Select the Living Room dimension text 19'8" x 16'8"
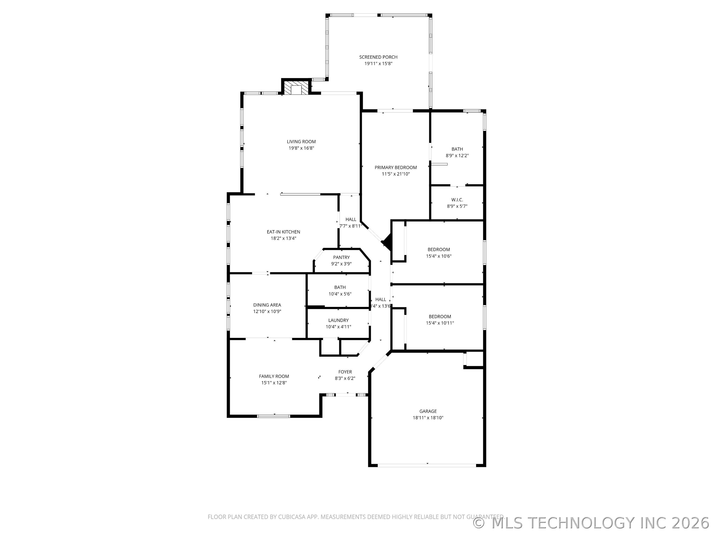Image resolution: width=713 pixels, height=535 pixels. (x=301, y=148)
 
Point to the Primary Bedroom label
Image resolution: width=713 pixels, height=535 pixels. (x=396, y=167)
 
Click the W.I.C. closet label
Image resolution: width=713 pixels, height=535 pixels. (x=457, y=200)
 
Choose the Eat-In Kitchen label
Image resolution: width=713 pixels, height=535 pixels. (x=283, y=232)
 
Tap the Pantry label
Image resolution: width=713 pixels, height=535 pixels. (x=341, y=257)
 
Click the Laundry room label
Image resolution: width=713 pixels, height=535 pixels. (x=338, y=320)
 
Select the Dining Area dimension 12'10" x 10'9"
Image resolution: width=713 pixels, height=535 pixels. (x=267, y=312)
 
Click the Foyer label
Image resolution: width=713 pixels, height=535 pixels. (x=345, y=372)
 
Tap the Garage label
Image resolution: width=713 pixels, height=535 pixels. (x=428, y=411)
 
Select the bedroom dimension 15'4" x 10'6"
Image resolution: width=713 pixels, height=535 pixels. (x=438, y=256)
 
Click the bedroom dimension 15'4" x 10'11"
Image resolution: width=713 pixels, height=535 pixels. (x=440, y=323)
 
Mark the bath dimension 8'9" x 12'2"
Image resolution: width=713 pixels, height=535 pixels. (x=457, y=156)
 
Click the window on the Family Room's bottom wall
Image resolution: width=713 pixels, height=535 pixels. (x=273, y=416)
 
